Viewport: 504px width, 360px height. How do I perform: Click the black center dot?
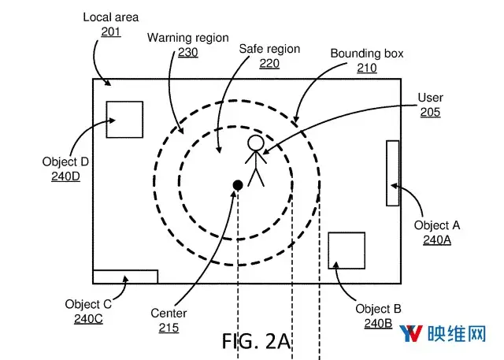click(238, 185)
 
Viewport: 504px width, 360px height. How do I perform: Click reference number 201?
click(111, 32)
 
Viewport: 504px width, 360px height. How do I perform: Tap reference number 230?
click(188, 53)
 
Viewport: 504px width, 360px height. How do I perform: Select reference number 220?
click(269, 63)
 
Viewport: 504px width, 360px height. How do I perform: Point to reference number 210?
click(367, 68)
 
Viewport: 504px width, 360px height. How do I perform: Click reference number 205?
click(430, 112)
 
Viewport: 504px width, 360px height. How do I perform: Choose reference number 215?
click(169, 328)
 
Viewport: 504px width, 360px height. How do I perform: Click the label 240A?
click(437, 239)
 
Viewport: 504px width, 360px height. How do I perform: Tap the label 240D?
click(65, 176)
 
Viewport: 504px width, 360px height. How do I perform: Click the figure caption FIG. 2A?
click(256, 341)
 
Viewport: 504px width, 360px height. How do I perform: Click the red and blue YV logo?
click(411, 333)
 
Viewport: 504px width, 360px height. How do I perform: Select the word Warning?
click(167, 38)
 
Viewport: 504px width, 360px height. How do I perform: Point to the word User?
click(431, 98)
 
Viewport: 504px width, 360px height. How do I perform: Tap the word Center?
click(169, 313)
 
